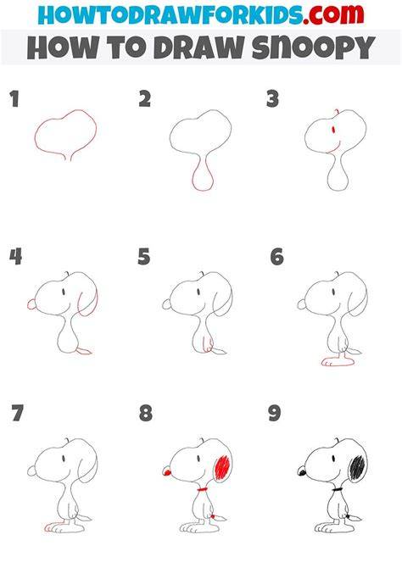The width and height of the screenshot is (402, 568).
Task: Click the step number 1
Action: point(14,99)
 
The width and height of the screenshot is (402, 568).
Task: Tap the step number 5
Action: point(144,257)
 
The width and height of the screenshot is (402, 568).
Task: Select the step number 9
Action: point(275,414)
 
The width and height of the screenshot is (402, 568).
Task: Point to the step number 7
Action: point(18,414)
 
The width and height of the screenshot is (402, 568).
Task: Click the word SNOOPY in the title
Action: point(313,47)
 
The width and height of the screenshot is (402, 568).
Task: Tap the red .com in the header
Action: point(333,14)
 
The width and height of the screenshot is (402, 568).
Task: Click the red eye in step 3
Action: point(333,130)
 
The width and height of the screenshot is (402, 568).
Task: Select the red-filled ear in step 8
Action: point(222,467)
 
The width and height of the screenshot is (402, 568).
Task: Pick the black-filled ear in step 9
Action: point(357,467)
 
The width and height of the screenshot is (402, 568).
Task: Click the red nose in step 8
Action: point(167,472)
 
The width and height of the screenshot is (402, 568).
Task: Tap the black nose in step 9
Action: point(302,471)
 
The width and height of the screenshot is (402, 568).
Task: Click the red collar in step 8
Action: point(202,490)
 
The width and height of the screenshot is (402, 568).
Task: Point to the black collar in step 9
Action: point(338,490)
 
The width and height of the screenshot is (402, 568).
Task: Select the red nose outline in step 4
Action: point(31,304)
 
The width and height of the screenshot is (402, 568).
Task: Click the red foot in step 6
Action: point(338,361)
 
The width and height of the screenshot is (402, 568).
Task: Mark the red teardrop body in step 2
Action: point(202,176)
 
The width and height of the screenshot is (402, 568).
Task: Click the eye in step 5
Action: point(198,292)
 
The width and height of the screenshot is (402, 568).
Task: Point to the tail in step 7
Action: point(84,518)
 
